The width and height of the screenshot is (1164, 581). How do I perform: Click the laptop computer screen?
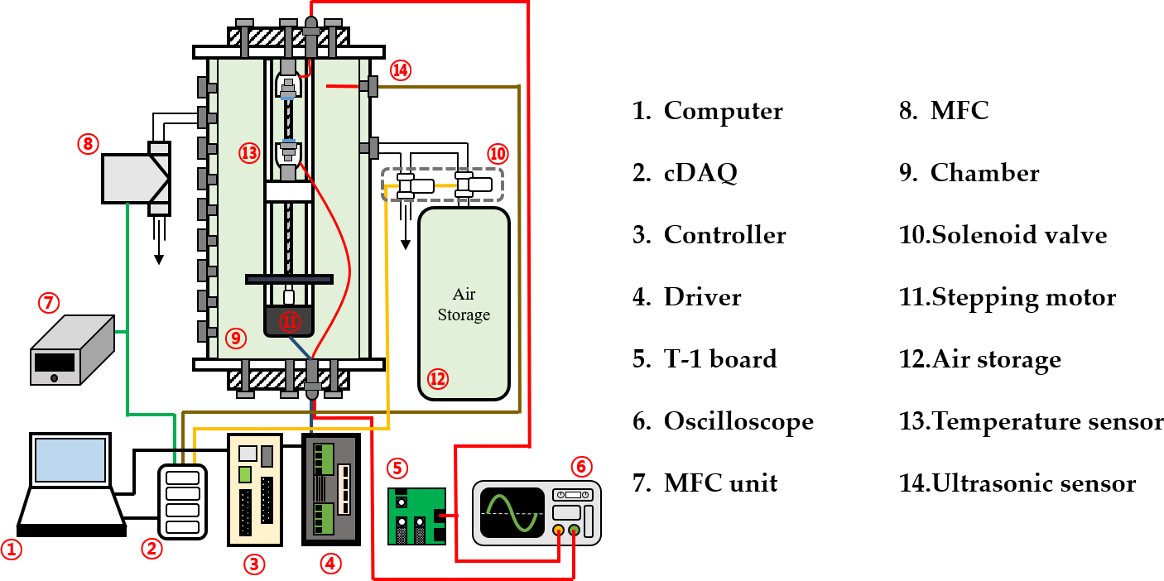[x=70, y=460]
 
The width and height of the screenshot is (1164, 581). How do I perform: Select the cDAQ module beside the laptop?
[x=182, y=502]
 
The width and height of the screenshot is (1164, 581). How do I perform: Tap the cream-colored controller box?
[x=255, y=490]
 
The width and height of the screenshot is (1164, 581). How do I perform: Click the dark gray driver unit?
[x=331, y=489]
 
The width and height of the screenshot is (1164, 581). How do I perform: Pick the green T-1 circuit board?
[x=416, y=516]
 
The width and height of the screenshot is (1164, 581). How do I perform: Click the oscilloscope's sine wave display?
[x=512, y=513]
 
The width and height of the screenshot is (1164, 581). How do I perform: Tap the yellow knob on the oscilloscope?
[x=558, y=531]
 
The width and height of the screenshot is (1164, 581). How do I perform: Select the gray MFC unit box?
[x=72, y=350]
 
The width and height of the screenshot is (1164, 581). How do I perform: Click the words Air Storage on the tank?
[x=464, y=305]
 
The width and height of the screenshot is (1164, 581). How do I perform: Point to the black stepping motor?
[x=289, y=321]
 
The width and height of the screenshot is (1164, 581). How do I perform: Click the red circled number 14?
[x=400, y=70]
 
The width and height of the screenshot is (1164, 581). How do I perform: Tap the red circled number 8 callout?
[x=88, y=144]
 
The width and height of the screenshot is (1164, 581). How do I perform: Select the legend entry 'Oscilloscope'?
[x=738, y=421]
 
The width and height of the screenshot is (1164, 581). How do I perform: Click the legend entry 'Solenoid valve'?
[x=1019, y=235]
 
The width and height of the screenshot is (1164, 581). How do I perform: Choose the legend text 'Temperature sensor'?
[x=1047, y=421]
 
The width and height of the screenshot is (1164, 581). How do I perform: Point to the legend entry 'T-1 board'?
[x=720, y=359]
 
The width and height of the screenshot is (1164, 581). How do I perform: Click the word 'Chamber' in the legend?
[x=984, y=172]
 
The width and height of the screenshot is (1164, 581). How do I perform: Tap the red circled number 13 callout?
[x=249, y=153]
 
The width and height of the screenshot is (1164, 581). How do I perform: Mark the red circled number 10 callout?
[x=498, y=154]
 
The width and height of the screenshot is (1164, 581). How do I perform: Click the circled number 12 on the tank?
[x=437, y=379]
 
